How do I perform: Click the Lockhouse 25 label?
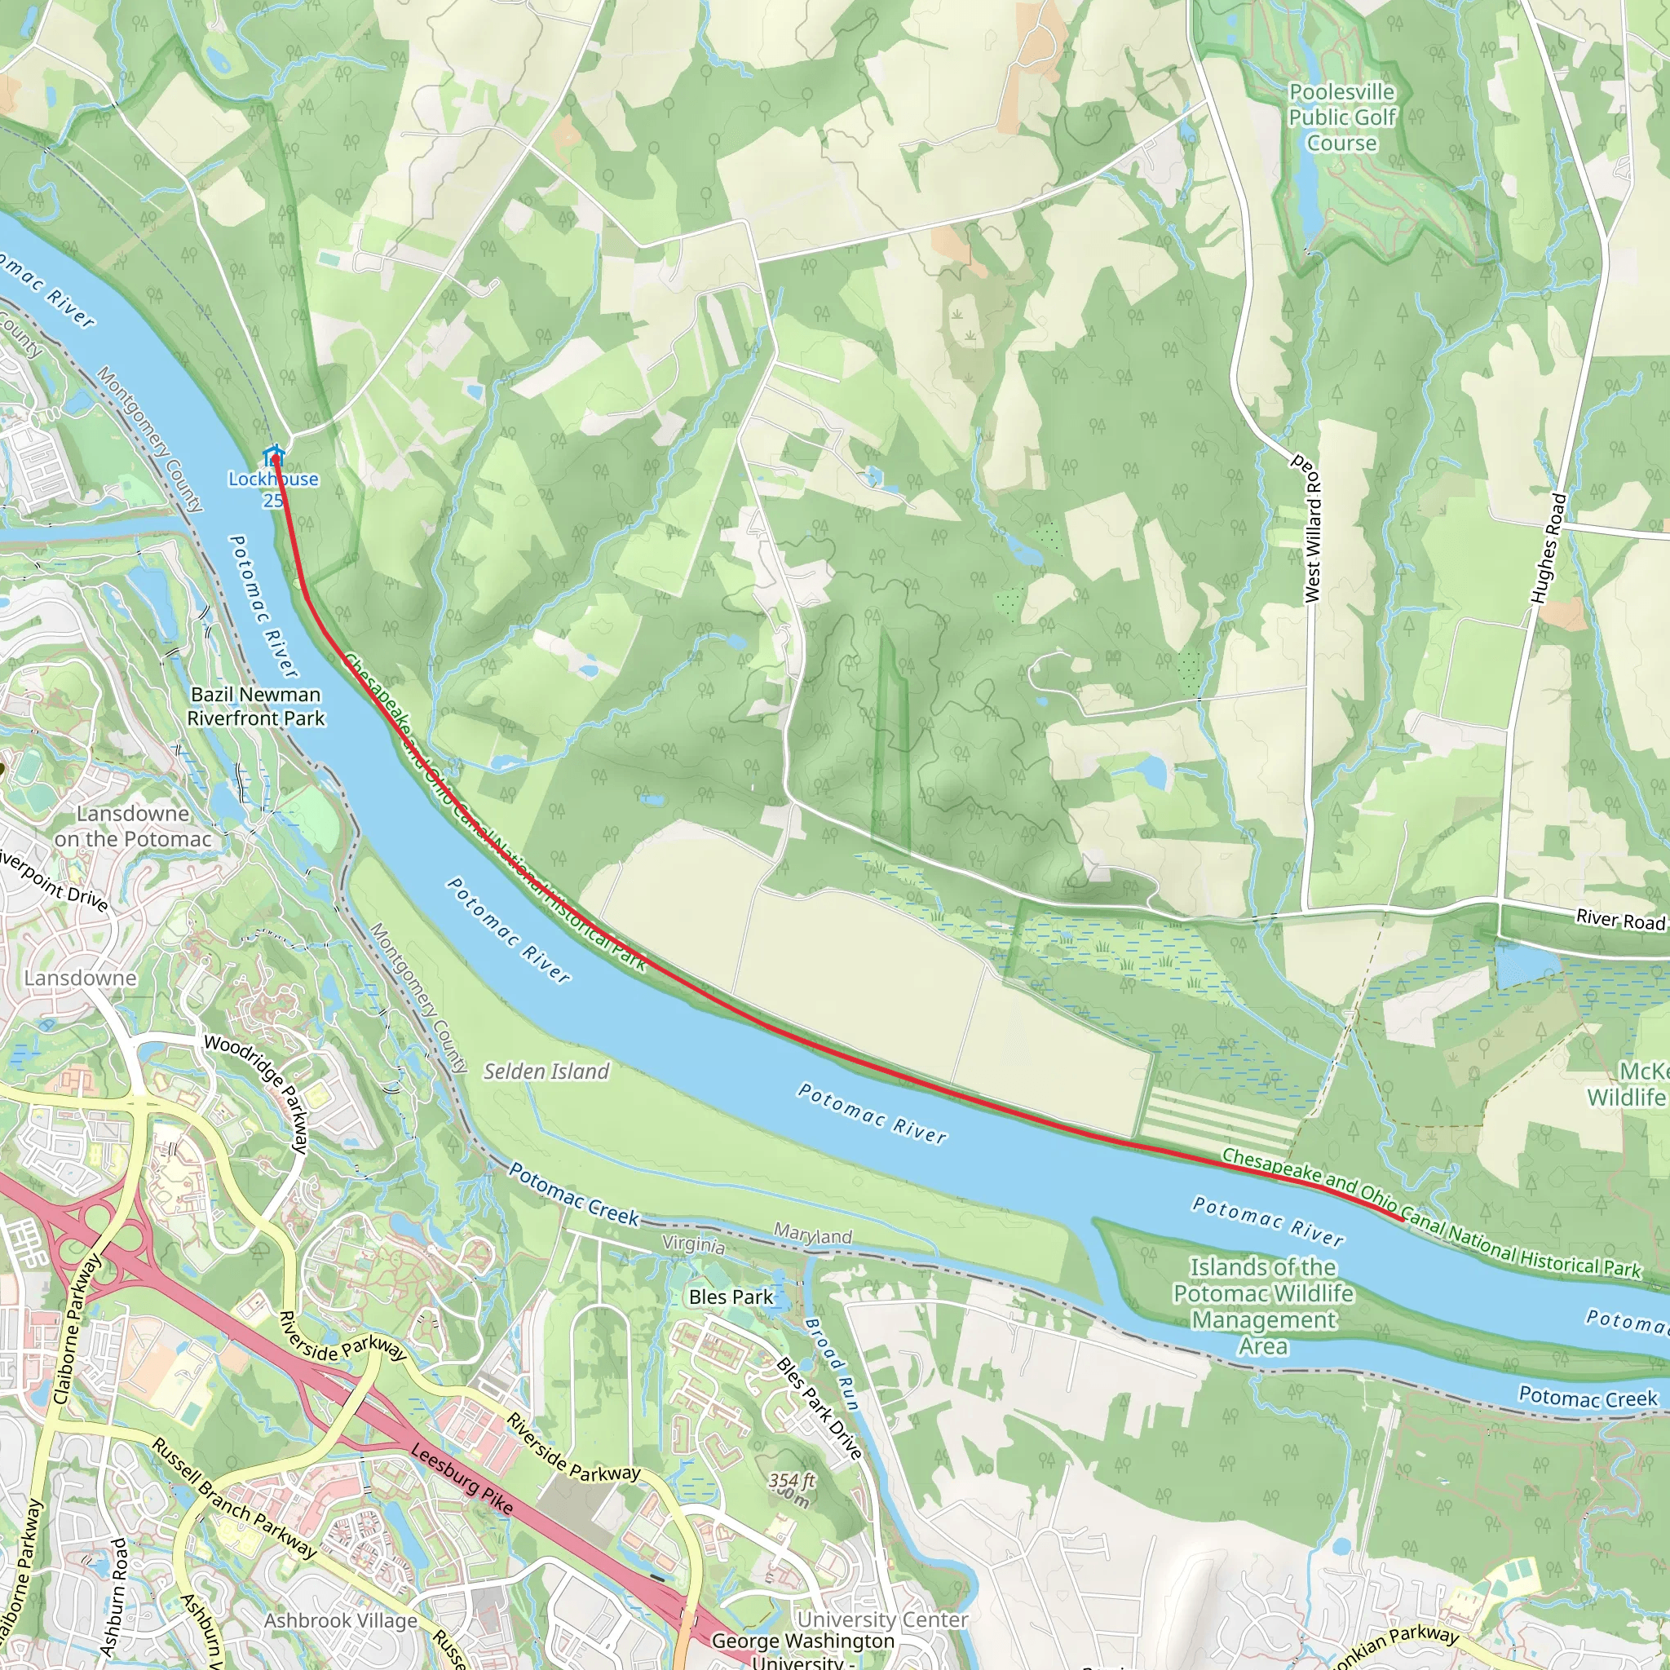click(x=273, y=489)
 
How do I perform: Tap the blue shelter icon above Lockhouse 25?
click(x=274, y=455)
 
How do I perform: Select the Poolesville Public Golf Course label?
click(x=1341, y=117)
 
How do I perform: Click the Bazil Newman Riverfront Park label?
click(x=256, y=706)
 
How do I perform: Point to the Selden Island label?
click(x=546, y=1071)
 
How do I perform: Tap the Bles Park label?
click(x=731, y=1297)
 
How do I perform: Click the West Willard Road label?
click(x=1313, y=528)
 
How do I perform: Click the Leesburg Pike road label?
click(x=462, y=1479)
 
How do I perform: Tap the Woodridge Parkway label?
click(x=257, y=1093)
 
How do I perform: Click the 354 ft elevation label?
click(x=792, y=1480)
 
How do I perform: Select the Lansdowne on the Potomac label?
click(x=132, y=826)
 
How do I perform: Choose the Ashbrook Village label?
click(x=341, y=1621)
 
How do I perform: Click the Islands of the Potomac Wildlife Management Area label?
click(x=1263, y=1306)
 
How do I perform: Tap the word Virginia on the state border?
click(x=693, y=1244)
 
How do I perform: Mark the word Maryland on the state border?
click(x=812, y=1235)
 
